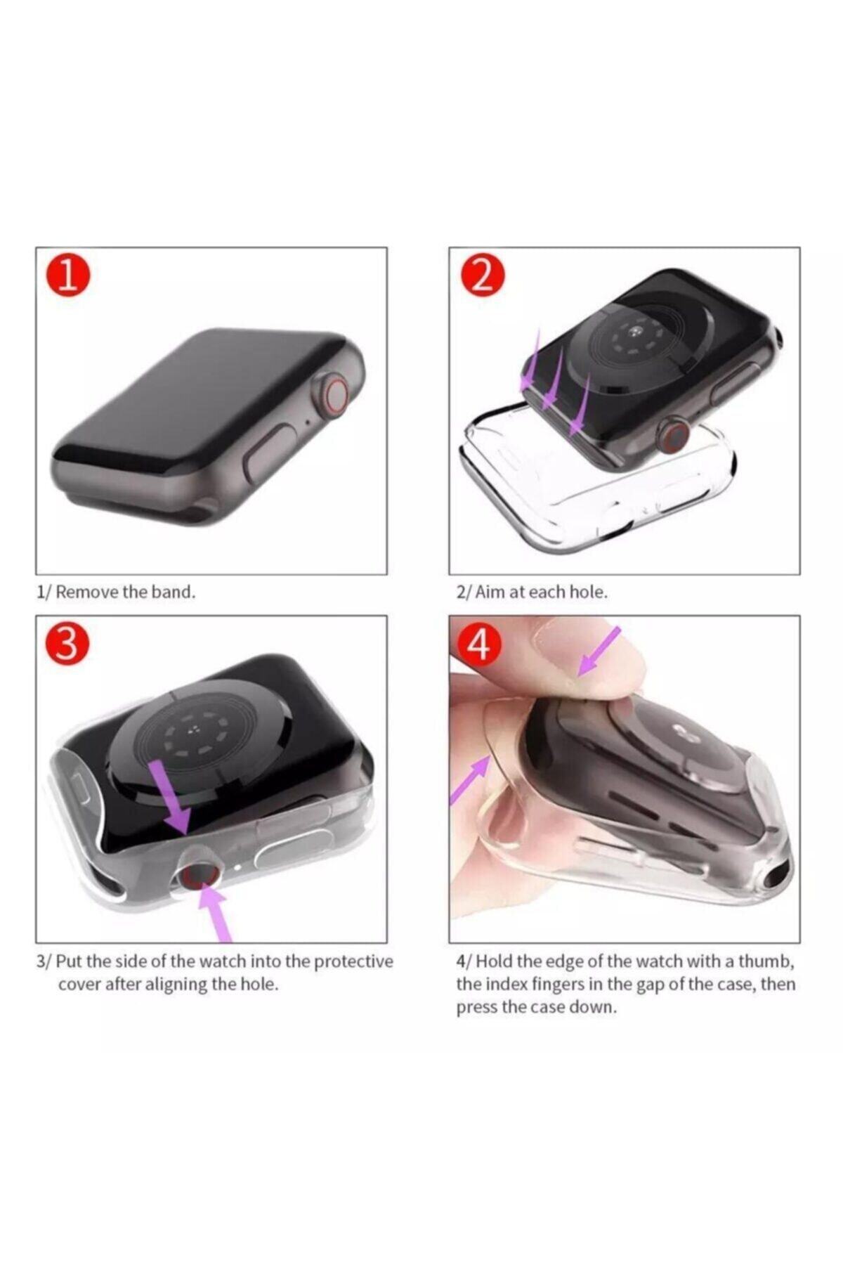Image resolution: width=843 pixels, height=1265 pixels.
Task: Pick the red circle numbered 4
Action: click(x=480, y=644)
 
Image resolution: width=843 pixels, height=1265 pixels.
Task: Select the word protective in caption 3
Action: click(x=353, y=961)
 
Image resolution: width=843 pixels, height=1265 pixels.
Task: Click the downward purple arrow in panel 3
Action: click(x=171, y=799)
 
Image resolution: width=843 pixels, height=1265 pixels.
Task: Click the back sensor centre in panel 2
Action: click(x=639, y=332)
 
